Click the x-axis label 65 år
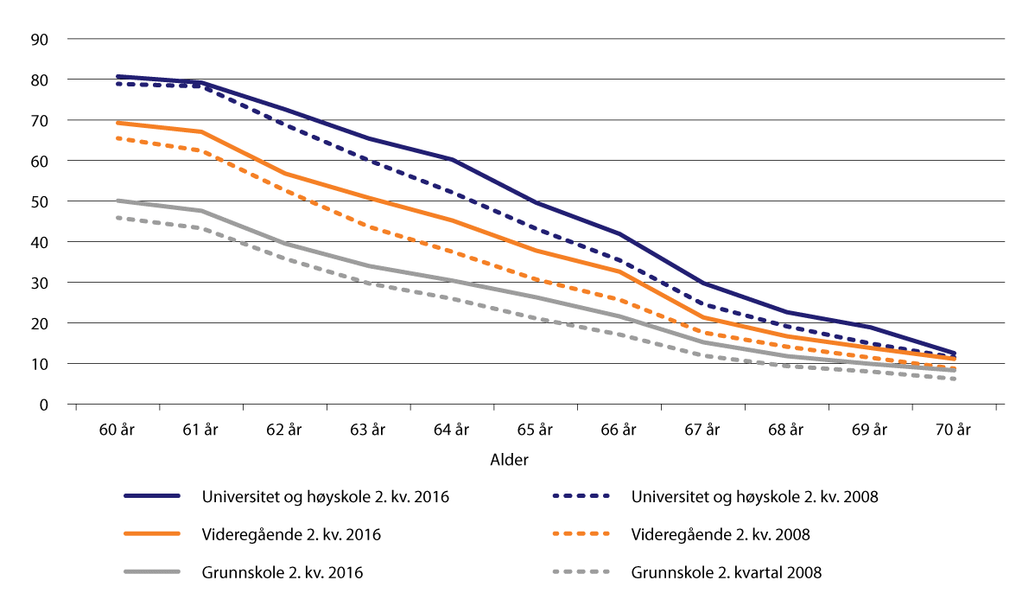point(536,429)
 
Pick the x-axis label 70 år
point(954,429)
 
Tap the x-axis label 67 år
point(703,429)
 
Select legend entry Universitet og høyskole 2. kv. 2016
point(326,497)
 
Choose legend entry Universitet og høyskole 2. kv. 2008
point(755,497)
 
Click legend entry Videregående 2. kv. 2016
point(291,534)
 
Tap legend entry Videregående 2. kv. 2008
point(721,534)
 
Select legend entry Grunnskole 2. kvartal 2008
point(727,571)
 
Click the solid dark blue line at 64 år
point(452,160)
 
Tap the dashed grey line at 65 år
point(536,319)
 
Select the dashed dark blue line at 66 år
point(619,259)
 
